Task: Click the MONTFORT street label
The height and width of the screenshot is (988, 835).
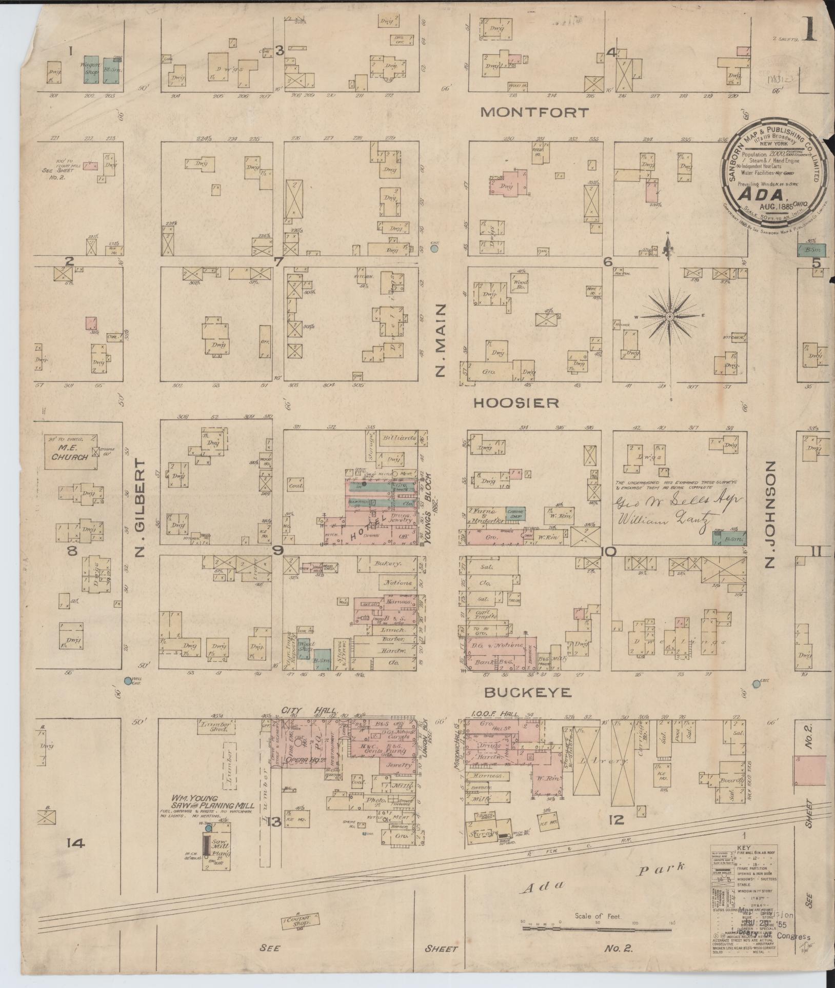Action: click(534, 113)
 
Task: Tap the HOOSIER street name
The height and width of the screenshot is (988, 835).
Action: click(515, 404)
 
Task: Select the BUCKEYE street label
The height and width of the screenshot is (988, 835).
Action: click(528, 693)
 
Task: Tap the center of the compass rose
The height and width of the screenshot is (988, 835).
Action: click(669, 317)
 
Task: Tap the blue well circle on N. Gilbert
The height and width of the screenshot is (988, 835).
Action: click(128, 681)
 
